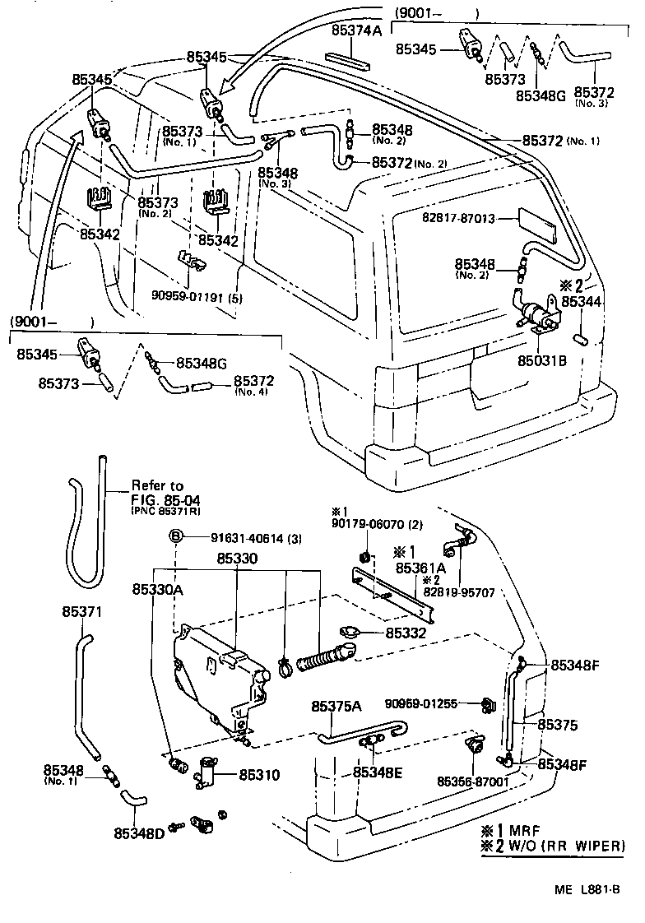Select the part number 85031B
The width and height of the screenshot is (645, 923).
(541, 360)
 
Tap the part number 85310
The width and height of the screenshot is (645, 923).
(259, 774)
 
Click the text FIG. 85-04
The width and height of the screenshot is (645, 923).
(165, 499)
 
